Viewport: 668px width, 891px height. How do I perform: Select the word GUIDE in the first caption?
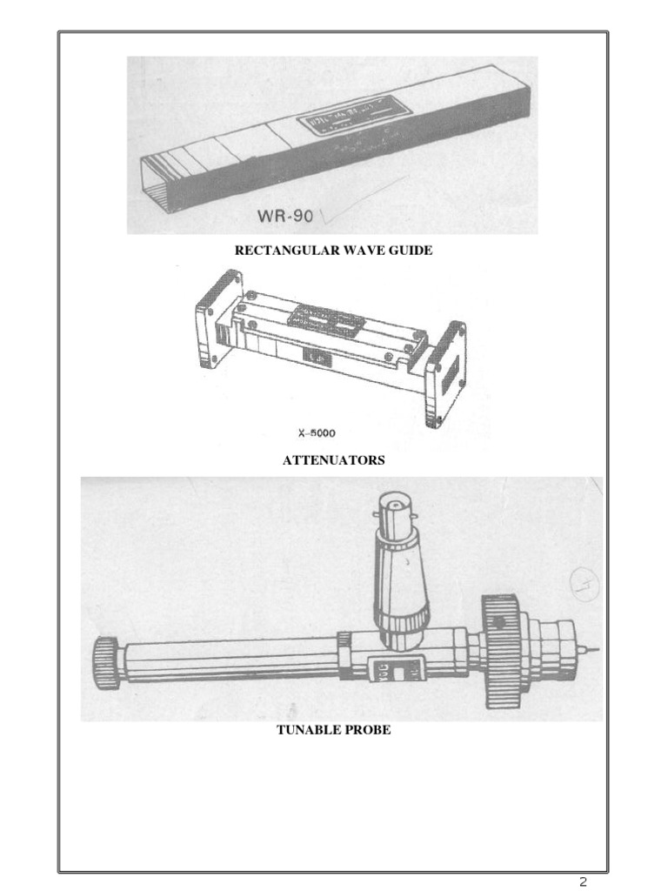click(411, 251)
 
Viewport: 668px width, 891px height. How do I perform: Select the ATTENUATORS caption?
click(333, 460)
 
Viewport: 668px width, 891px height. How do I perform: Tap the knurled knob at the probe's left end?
click(104, 663)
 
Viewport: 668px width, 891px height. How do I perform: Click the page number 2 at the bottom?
click(584, 881)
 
